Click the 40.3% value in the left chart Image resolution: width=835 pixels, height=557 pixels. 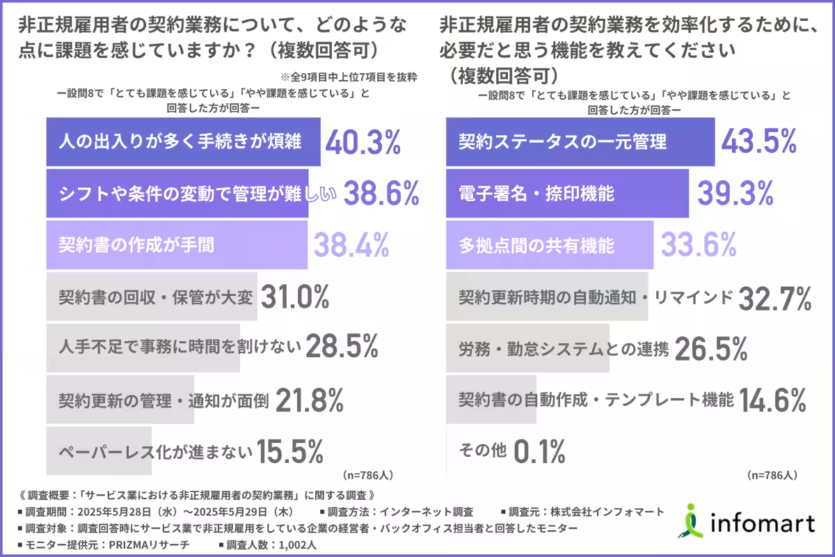pos(363,142)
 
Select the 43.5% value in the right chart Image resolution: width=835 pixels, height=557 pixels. pos(758,142)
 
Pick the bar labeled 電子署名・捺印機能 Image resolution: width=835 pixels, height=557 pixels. pos(566,194)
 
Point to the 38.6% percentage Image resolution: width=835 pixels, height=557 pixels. pos(381,194)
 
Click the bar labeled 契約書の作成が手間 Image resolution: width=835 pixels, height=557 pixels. pos(177,245)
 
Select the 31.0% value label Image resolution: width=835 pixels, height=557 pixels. pos(294,297)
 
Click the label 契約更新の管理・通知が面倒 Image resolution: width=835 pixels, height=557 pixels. pos(164,401)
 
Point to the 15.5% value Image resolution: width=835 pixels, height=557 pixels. pos(290,453)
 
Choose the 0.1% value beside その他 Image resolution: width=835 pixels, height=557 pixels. pos(539,453)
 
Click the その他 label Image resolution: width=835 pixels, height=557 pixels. pos(482,451)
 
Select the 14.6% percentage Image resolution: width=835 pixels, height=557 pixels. pos(772,400)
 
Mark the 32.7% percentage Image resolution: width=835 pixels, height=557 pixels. pos(774,298)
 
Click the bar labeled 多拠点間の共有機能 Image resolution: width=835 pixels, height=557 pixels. pos(549,245)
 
